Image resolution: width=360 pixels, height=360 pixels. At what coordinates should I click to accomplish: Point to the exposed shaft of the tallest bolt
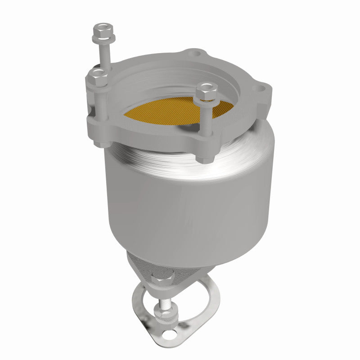coord(103,54)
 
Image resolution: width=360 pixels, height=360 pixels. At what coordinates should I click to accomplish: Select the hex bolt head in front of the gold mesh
coord(207,92)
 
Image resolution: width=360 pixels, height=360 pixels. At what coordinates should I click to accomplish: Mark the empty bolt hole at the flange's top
coord(194,54)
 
